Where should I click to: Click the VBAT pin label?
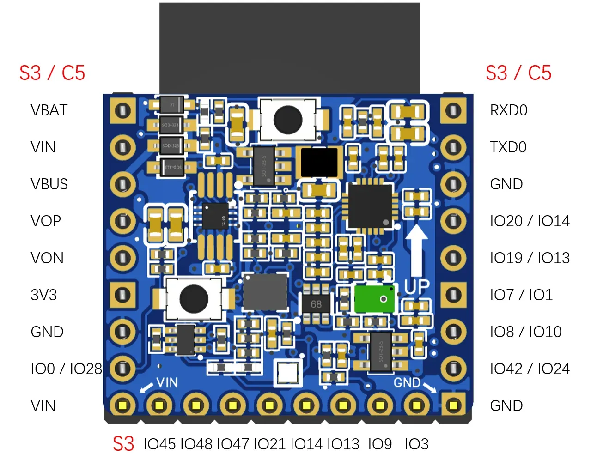pyautogui.click(x=49, y=110)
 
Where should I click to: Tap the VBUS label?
pyautogui.click(x=49, y=184)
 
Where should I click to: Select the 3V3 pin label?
pyautogui.click(x=44, y=295)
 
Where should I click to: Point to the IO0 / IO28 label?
pyautogui.click(x=66, y=369)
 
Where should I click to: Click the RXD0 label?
pyautogui.click(x=508, y=110)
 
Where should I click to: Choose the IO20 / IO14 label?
pyautogui.click(x=530, y=221)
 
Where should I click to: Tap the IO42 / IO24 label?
pyautogui.click(x=530, y=369)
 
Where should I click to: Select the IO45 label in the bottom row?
pyautogui.click(x=159, y=444)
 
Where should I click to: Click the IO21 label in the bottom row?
pyautogui.click(x=270, y=444)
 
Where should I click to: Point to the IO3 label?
pyautogui.click(x=416, y=444)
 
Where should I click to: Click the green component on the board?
pyautogui.click(x=374, y=299)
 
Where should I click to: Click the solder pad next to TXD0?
pyautogui.click(x=453, y=147)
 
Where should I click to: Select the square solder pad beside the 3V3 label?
pyautogui.click(x=122, y=295)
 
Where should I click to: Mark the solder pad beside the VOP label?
pyautogui.click(x=122, y=221)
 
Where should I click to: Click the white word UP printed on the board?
pyautogui.click(x=417, y=286)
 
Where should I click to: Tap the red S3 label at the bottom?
pyautogui.click(x=123, y=444)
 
